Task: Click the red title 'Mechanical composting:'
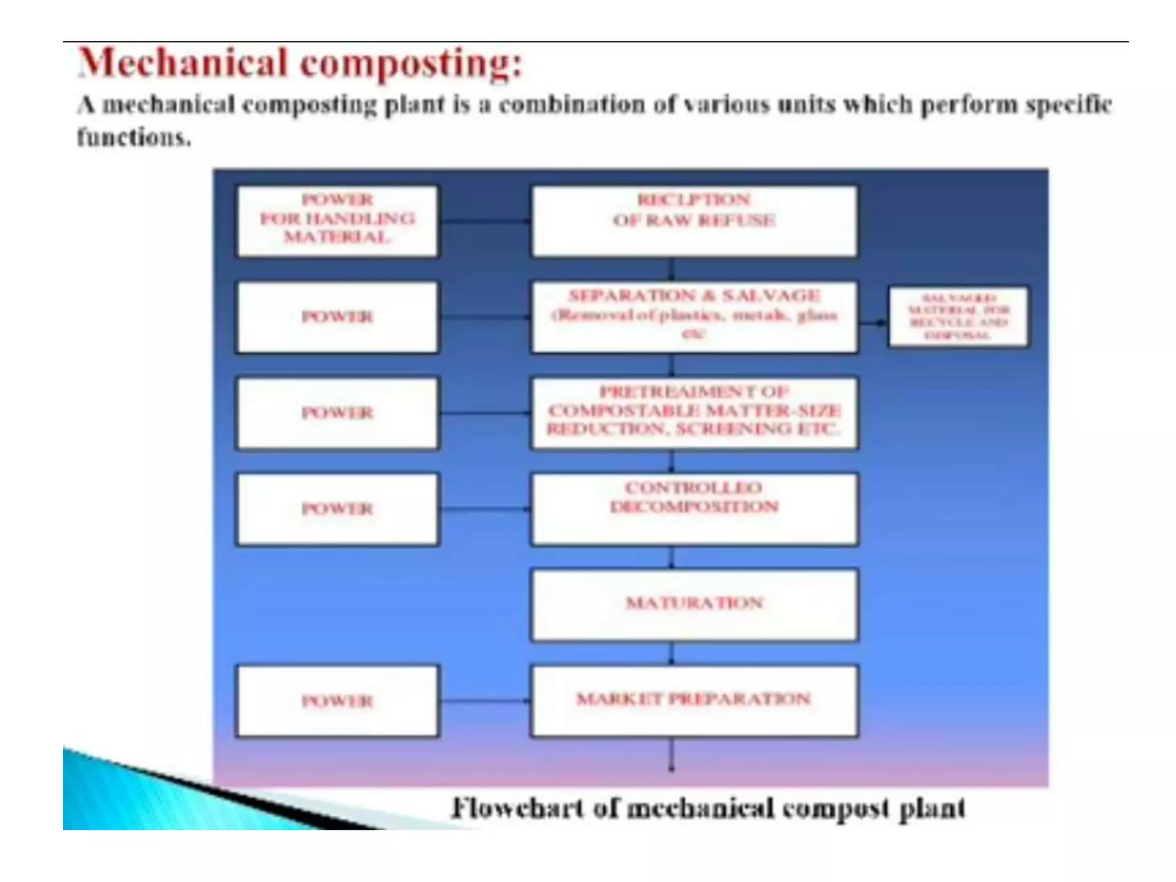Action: click(300, 63)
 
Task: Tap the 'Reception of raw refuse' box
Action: click(694, 221)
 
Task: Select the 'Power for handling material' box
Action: click(337, 221)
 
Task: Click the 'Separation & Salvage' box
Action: click(694, 316)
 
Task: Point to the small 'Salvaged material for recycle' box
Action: click(958, 317)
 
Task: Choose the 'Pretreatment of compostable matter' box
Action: click(694, 412)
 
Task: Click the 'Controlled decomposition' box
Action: click(694, 509)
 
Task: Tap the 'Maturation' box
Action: click(694, 605)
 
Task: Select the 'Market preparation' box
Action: click(694, 701)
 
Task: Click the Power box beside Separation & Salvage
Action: click(337, 317)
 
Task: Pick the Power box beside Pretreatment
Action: click(337, 413)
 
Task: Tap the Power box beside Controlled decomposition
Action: click(337, 509)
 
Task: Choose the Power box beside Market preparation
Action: click(337, 701)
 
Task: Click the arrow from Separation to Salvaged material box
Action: click(873, 323)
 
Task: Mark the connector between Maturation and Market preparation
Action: click(672, 653)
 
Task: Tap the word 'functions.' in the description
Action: click(134, 138)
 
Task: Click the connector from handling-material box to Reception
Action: click(484, 220)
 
